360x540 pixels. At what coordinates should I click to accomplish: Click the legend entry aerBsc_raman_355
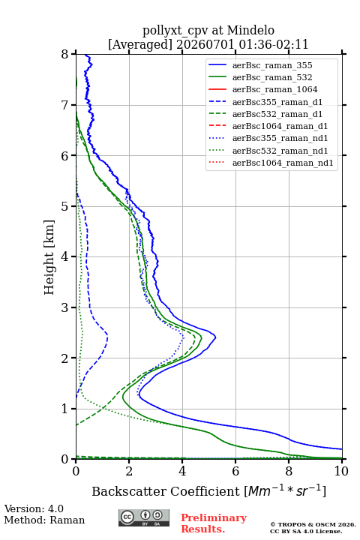point(272,65)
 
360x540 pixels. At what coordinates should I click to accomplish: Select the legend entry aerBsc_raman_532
point(272,77)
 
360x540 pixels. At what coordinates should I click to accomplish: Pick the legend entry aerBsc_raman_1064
point(275,89)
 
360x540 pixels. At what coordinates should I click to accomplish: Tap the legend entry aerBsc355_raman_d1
point(277,102)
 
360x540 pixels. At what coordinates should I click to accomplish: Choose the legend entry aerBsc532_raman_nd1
point(280,151)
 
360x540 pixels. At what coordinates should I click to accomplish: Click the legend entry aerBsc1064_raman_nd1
point(283,163)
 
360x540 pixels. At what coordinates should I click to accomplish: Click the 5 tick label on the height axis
point(65,207)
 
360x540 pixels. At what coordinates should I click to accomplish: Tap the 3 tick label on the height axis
point(65,307)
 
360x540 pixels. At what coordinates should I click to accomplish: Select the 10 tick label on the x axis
point(341,471)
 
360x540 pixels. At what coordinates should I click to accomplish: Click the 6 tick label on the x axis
point(235,471)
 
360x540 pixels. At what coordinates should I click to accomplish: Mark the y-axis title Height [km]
point(49,257)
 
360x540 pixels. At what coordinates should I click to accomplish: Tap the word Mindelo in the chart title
point(250,30)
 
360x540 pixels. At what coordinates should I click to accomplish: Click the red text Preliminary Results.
point(214,523)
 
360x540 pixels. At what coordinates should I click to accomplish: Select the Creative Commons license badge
point(144,517)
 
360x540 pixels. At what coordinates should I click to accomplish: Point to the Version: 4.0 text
point(34,508)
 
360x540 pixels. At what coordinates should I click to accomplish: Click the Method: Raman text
point(44,520)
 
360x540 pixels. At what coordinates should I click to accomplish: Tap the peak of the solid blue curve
point(216,337)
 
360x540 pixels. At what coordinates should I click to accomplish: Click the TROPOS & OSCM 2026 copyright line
point(313,524)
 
